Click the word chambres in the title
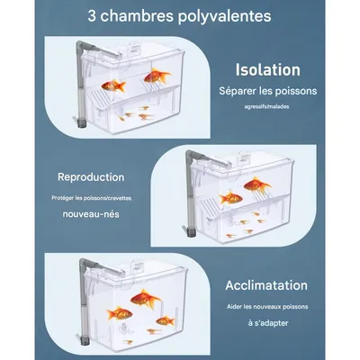[141, 16]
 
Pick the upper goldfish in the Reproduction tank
[257, 186]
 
